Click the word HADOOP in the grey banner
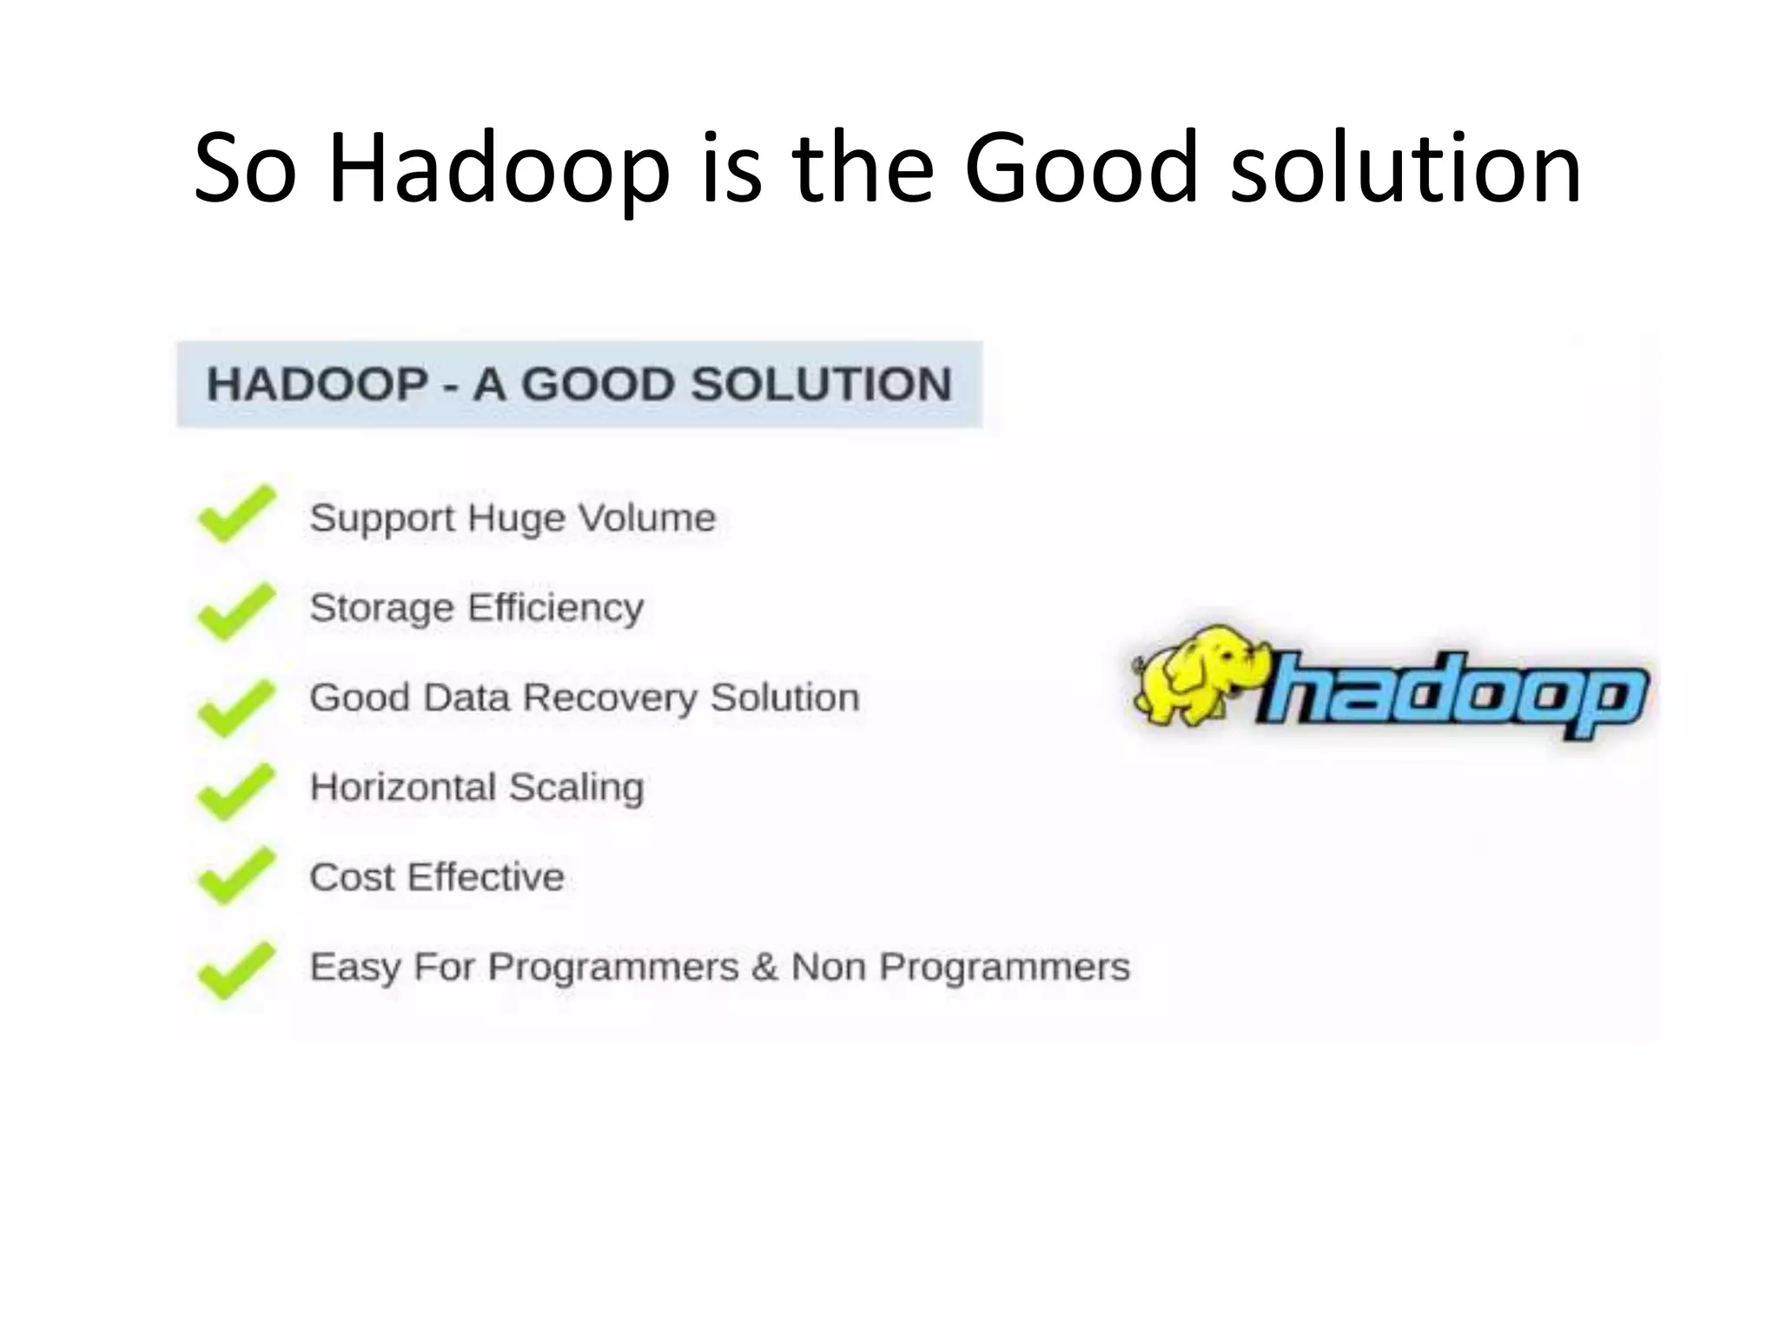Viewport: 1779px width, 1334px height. coord(318,385)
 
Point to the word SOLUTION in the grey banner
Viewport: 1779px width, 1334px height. coord(821,385)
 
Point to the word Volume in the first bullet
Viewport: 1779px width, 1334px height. coord(647,518)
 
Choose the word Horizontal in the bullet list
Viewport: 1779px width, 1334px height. coord(403,788)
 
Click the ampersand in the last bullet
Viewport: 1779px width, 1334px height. coord(764,967)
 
